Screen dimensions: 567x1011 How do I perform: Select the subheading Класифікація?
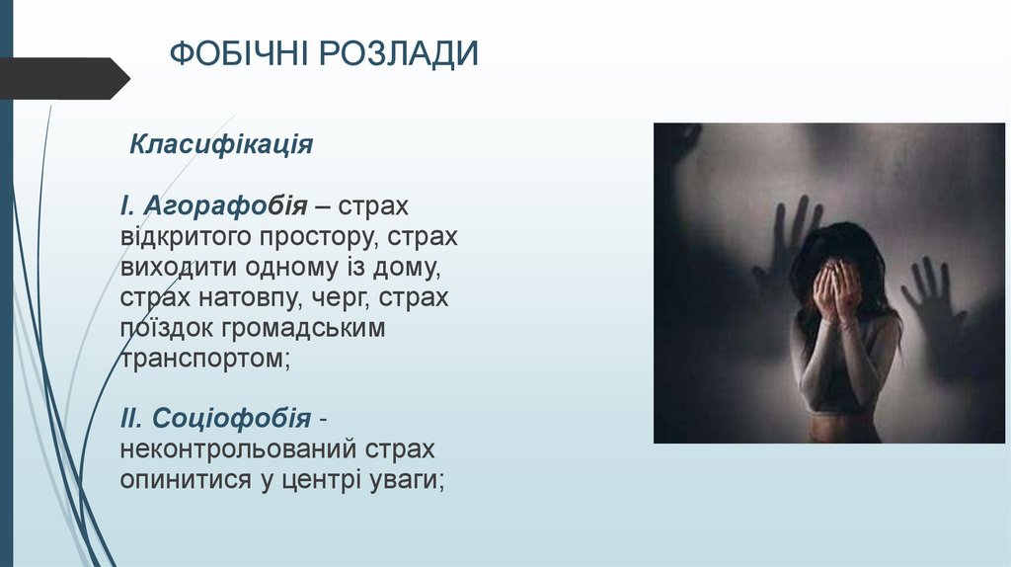click(222, 145)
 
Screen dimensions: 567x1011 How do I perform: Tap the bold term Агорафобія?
click(223, 206)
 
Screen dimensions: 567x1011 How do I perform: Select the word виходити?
click(175, 267)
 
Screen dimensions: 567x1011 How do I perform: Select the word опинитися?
click(178, 480)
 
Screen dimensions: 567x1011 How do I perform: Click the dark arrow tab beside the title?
click(64, 78)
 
